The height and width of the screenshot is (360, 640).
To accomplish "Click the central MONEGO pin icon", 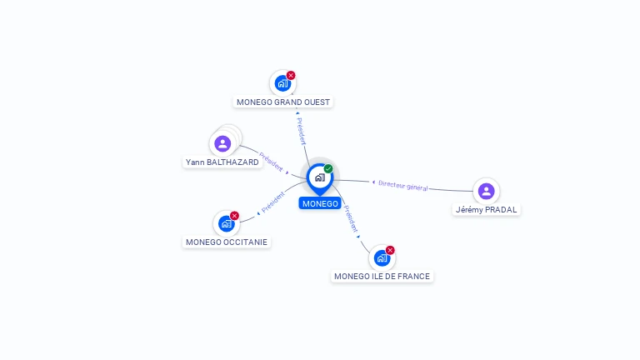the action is click(x=320, y=178).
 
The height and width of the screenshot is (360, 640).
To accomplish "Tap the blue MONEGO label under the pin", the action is click(x=320, y=203).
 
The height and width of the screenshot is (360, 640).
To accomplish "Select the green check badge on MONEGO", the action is click(x=328, y=168).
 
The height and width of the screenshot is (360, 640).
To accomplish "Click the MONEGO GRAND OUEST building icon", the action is click(x=282, y=83).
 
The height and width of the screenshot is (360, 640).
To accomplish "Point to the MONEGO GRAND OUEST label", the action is click(x=283, y=102).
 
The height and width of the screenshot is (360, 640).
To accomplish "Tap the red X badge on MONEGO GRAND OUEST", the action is click(x=291, y=76).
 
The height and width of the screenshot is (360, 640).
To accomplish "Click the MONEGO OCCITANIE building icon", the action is click(x=226, y=223).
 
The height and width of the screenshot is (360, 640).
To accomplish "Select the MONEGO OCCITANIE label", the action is click(x=227, y=242).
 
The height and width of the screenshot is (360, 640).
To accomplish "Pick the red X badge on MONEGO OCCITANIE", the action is click(x=234, y=216).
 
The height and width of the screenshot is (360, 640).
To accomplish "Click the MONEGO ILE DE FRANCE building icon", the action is click(x=382, y=258).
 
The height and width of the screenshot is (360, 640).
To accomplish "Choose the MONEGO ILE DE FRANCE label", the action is click(x=382, y=277).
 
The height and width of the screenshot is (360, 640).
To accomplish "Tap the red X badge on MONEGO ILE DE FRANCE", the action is click(x=390, y=250).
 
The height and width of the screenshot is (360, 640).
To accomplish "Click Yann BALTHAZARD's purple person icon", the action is click(x=222, y=143).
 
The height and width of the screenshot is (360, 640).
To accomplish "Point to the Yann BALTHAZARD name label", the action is click(x=222, y=162).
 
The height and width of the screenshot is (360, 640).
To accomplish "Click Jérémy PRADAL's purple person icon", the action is click(x=486, y=191).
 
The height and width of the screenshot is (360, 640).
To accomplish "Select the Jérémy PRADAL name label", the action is click(x=486, y=210).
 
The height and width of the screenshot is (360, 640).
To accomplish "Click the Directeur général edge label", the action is click(x=402, y=186).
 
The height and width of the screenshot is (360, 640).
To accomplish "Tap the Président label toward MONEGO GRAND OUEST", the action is click(x=301, y=131).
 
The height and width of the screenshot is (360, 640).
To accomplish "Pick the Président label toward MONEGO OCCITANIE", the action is click(x=273, y=202).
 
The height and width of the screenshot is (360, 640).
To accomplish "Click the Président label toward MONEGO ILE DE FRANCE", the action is click(x=351, y=219).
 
